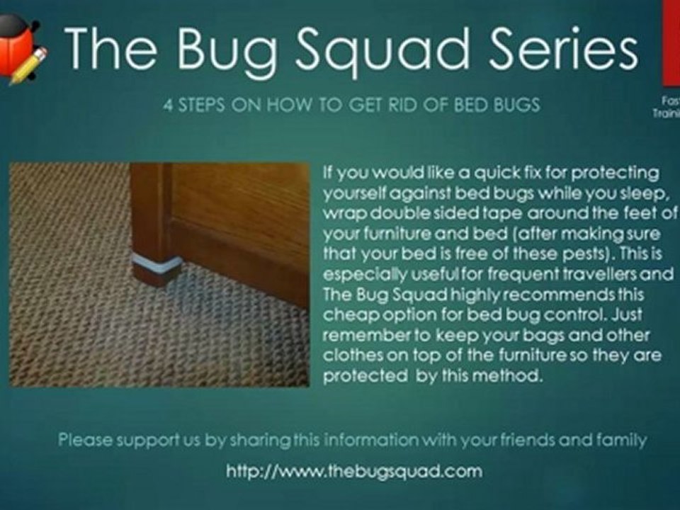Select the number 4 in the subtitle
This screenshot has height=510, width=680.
[167, 106]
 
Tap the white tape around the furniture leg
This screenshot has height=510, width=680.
[157, 266]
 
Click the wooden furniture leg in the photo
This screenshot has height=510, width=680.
[150, 220]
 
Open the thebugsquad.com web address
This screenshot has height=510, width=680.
[354, 471]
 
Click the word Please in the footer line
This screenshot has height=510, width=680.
[84, 441]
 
